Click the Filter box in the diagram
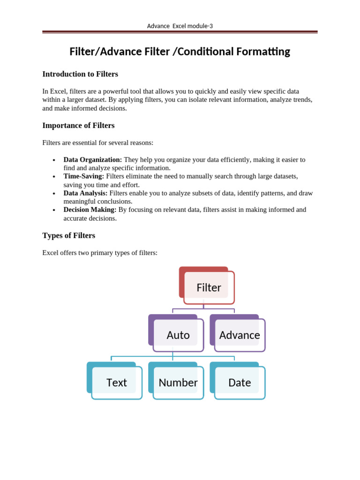(209, 287)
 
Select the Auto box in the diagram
(178, 335)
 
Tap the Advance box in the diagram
(240, 335)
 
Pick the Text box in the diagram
(117, 382)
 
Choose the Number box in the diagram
(178, 382)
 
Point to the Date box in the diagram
(240, 382)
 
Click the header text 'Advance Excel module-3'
(180, 26)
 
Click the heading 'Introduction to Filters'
(80, 74)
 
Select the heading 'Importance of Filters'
(78, 126)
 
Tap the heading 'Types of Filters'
(69, 235)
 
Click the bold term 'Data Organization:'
(93, 160)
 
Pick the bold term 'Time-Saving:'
(84, 176)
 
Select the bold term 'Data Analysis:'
(86, 193)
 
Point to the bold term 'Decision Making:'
(90, 210)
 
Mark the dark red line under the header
(180, 32)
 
